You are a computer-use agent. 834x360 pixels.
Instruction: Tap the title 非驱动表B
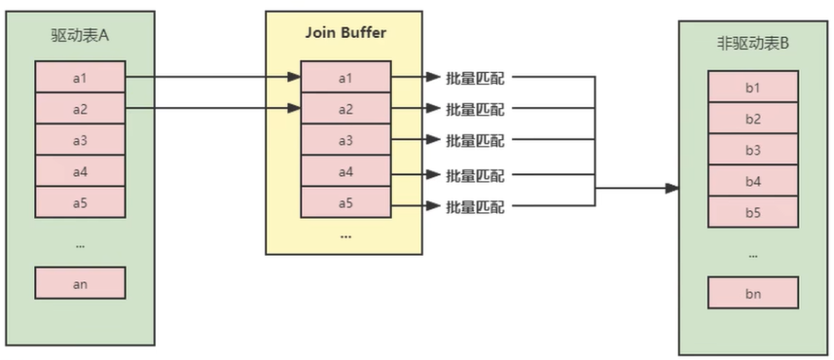(752, 46)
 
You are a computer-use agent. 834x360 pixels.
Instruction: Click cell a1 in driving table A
(80, 77)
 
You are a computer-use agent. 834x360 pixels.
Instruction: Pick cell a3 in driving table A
(80, 140)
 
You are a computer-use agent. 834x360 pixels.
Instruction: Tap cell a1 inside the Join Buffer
(344, 77)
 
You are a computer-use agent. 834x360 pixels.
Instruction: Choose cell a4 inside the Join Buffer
(344, 172)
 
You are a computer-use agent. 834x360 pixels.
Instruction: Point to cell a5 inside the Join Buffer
(344, 203)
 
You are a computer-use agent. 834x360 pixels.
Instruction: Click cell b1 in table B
(752, 89)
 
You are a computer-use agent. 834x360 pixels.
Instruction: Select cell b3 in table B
(752, 150)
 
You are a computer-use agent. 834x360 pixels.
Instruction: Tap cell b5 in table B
(752, 212)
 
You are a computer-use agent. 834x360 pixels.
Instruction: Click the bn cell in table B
(752, 292)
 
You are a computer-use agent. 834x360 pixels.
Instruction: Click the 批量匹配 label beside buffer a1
(475, 77)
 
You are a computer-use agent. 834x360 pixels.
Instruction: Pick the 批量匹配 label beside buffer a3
(475, 141)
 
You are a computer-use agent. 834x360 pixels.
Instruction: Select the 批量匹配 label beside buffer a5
(475, 206)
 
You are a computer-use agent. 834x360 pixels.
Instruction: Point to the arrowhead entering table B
(671, 188)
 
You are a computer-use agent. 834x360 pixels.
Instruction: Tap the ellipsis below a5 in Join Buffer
(344, 236)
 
